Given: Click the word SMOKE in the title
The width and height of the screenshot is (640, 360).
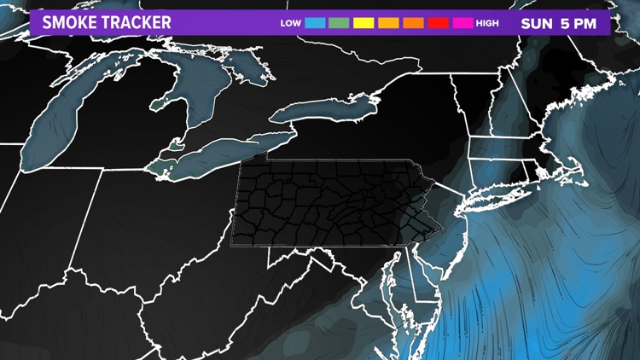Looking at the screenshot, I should click(68, 22).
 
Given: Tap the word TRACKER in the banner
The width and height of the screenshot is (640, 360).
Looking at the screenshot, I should click(136, 22).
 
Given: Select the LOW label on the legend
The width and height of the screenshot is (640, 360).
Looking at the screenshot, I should click(290, 23).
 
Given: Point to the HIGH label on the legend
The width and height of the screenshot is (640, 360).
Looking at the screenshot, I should click(488, 23).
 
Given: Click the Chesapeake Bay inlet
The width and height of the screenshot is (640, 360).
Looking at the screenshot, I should click(395, 282).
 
